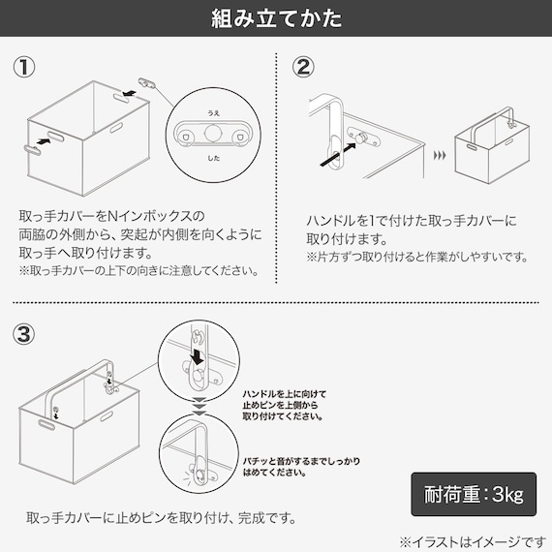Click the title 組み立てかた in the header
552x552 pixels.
click(x=276, y=18)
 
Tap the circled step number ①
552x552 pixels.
click(x=24, y=67)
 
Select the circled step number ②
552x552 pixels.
click(x=303, y=67)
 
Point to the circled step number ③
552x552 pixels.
click(x=24, y=334)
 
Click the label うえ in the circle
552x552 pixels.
click(x=213, y=113)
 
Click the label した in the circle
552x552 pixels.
click(x=213, y=158)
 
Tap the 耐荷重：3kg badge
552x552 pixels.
click(x=474, y=494)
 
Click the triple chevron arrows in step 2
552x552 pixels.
click(x=440, y=155)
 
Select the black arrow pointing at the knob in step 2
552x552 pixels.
click(x=338, y=154)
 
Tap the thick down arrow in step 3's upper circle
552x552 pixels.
click(x=197, y=357)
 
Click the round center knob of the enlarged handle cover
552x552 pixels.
click(x=213, y=133)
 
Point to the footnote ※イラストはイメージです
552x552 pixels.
click(x=473, y=541)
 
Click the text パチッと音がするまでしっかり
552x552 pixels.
click(x=301, y=461)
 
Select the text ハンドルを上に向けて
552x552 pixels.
click(x=285, y=394)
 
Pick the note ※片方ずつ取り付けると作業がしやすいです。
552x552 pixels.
click(x=417, y=257)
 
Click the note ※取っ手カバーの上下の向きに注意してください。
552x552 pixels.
click(x=139, y=270)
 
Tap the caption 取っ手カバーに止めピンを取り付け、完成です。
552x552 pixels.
click(x=161, y=517)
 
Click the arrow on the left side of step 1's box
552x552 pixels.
click(x=44, y=141)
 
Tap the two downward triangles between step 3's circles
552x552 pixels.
click(x=199, y=406)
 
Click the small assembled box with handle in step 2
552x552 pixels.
click(x=492, y=145)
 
